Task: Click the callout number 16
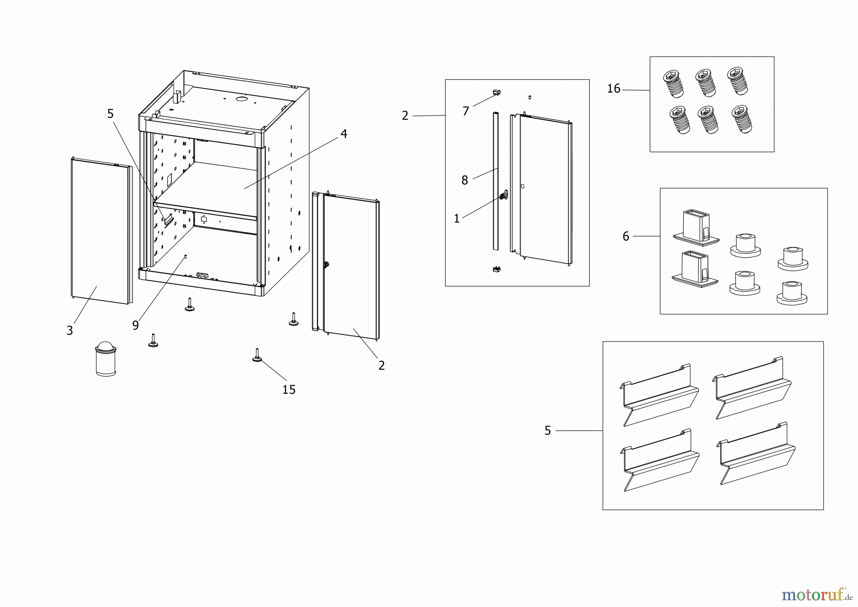(613, 89)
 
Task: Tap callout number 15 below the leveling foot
(289, 390)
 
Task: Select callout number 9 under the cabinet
(135, 325)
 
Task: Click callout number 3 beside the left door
(70, 331)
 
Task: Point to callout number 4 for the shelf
(344, 134)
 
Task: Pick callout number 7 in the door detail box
(466, 111)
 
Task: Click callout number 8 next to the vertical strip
(464, 180)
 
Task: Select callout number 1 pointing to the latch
(457, 219)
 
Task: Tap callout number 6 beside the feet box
(626, 236)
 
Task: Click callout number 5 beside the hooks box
(548, 431)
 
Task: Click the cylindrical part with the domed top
(106, 359)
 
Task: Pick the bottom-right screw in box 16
(742, 119)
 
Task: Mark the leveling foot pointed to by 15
(257, 356)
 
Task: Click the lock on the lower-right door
(327, 265)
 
